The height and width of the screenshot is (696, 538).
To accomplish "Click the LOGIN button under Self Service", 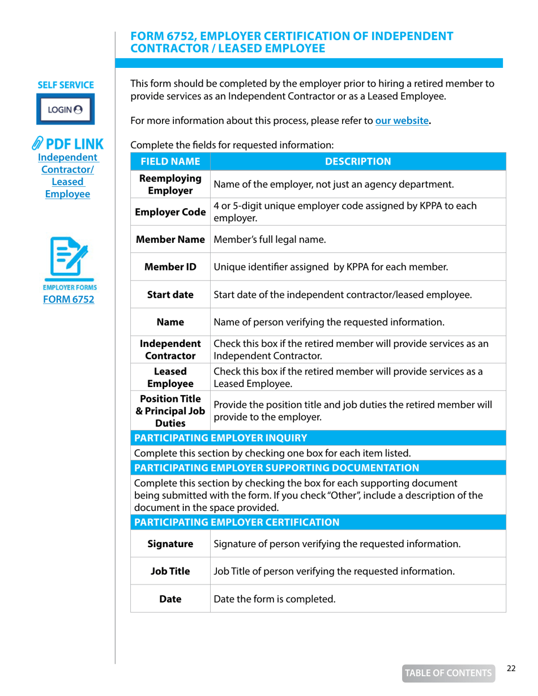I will [66, 110].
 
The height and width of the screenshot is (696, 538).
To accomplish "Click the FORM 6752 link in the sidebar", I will [66, 299].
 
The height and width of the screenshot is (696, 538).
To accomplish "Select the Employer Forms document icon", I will [66, 259].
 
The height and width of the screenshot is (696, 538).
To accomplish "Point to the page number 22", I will [511, 668].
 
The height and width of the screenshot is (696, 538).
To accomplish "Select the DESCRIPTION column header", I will [357, 162].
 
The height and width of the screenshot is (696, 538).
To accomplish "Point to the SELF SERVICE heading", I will [66, 85].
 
